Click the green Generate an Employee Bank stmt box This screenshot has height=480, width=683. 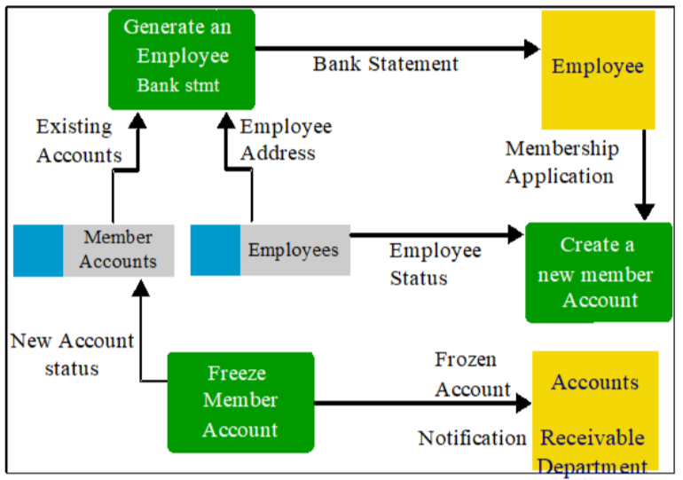coord(182,59)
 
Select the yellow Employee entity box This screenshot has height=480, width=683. coord(598,70)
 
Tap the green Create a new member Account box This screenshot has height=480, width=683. coord(599,272)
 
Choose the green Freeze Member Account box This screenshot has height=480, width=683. coord(241,403)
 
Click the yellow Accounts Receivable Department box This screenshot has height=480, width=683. coord(595,411)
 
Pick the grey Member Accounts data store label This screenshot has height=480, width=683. coord(119,250)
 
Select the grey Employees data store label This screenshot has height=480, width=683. coord(294,250)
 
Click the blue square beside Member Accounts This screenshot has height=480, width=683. coord(38,250)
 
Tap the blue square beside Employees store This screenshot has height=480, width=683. coord(216,250)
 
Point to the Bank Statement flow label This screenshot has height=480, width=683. coord(386,64)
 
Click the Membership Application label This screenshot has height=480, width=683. coord(561,162)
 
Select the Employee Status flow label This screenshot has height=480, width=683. coord(436,264)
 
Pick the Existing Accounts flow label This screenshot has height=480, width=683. coord(79,141)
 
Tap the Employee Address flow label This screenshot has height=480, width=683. coord(286,140)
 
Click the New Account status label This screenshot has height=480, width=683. coord(73,354)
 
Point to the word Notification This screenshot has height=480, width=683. coord(472,438)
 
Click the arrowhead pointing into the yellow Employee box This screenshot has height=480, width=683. coord(532,48)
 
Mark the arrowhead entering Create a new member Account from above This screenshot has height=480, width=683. coord(645,212)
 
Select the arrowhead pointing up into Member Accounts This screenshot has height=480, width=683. coord(141,288)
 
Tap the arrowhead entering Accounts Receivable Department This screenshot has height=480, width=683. coord(523,403)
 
